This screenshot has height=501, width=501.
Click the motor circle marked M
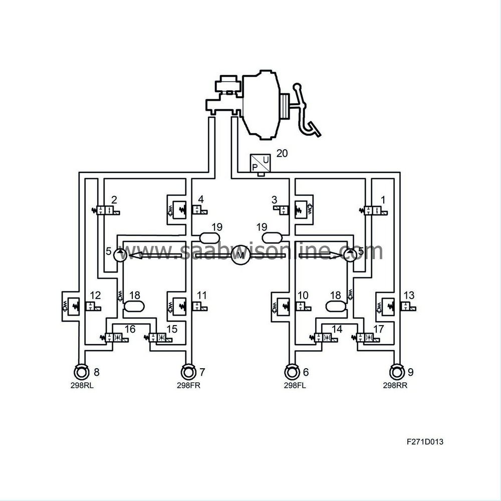(240, 255)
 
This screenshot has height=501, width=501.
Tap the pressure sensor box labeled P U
(260, 163)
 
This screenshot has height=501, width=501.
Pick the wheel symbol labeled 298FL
(291, 372)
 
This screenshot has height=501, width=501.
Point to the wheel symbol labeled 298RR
(396, 372)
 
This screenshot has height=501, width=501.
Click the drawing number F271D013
(425, 441)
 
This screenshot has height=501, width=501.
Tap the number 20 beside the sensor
(282, 153)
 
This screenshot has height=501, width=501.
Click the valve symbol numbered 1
(373, 210)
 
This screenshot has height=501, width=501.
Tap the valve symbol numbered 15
(158, 337)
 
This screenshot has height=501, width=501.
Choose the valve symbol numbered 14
(323, 337)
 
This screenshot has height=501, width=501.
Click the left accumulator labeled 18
(134, 306)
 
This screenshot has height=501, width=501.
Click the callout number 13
(409, 295)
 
